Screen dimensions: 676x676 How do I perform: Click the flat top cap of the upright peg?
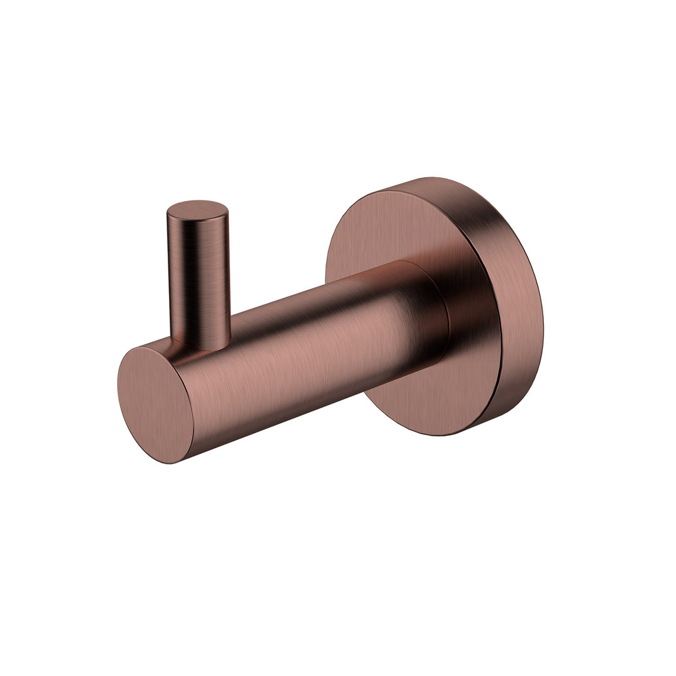[x=198, y=210]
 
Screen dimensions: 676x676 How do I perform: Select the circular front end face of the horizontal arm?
[x=155, y=404]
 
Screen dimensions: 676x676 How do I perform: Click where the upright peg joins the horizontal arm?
[x=200, y=341]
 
